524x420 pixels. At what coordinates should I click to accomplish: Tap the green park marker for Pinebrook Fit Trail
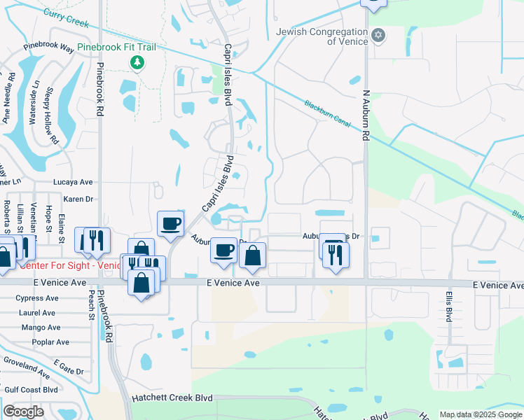tap(137, 63)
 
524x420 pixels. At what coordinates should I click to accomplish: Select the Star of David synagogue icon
tap(378, 35)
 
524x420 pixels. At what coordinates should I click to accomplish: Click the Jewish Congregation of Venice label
tap(322, 36)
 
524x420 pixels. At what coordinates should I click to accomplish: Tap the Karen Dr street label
tap(78, 199)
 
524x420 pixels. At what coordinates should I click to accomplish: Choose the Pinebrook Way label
tap(48, 49)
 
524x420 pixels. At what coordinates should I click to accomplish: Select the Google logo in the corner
tap(23, 412)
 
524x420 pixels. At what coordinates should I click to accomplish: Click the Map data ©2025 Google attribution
tap(481, 414)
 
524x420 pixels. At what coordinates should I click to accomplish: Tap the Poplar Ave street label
tap(50, 342)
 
